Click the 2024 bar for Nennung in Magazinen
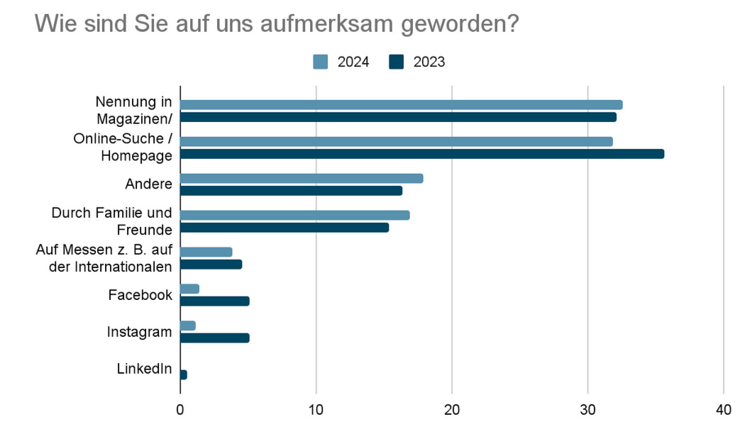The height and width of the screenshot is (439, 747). (x=401, y=105)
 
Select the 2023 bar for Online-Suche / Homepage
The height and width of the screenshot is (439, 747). (x=422, y=154)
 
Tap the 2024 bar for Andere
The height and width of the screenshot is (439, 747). (x=301, y=179)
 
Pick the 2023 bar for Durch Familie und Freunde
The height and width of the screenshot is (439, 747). (x=284, y=228)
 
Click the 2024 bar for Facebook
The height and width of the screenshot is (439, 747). (x=189, y=289)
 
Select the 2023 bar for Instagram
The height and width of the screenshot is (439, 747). (x=214, y=338)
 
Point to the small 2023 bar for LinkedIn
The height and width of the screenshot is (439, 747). (x=184, y=374)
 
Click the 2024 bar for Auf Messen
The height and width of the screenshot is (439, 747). (x=206, y=252)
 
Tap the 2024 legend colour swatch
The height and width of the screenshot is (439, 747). (x=320, y=62)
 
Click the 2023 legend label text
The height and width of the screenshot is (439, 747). (x=429, y=62)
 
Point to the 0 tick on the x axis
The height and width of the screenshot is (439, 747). (x=180, y=410)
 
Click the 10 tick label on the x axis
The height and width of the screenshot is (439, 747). (x=316, y=410)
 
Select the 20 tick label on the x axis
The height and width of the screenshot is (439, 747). (x=452, y=410)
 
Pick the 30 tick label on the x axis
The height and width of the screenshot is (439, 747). (x=588, y=410)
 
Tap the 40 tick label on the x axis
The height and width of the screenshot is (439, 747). (x=724, y=410)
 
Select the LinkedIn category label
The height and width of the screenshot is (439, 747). (x=144, y=369)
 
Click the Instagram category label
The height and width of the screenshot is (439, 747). (x=140, y=332)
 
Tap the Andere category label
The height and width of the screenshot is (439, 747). (x=148, y=184)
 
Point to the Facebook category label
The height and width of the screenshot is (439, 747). (x=140, y=295)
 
